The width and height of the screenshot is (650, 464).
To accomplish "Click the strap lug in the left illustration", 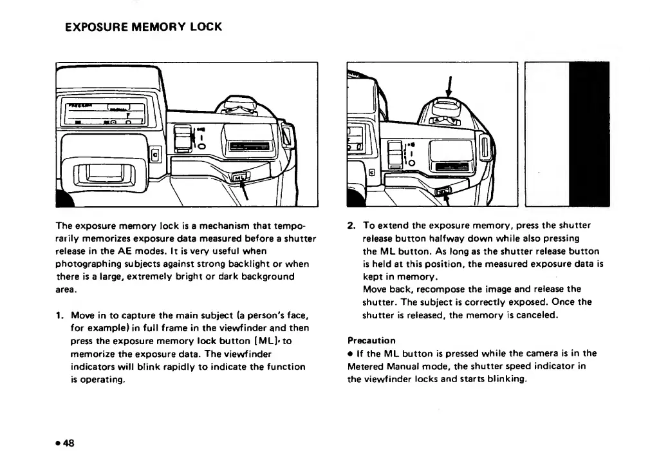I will pos(290,135).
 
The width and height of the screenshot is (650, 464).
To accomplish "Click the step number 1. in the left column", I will pos(60,315).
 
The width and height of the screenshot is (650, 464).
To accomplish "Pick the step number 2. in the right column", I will pos(351,226).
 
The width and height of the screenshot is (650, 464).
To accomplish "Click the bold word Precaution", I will pos(371,340).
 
